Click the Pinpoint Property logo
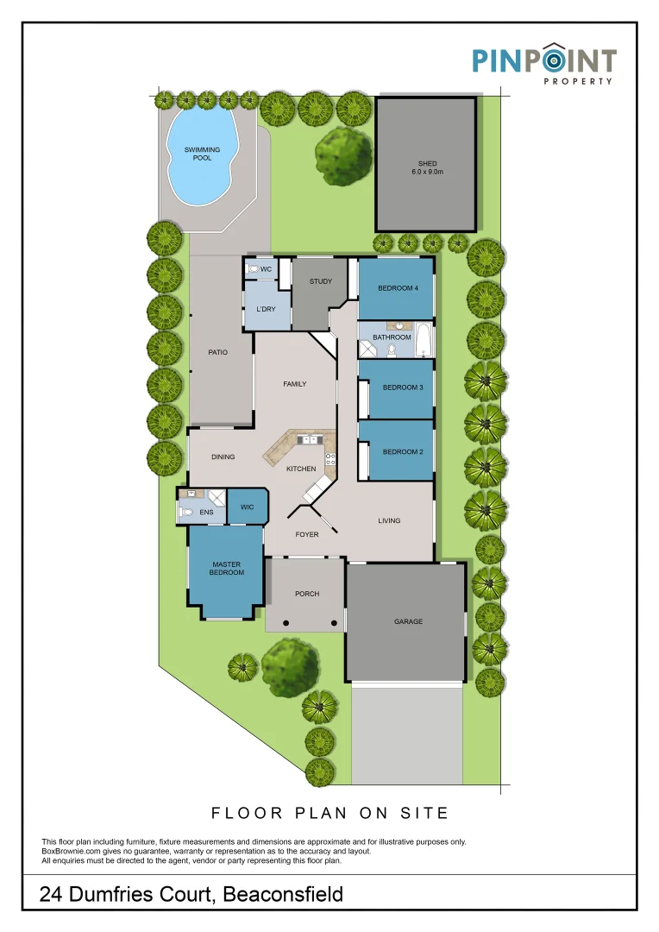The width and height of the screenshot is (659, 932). point(543,64)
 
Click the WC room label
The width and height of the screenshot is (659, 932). point(267,270)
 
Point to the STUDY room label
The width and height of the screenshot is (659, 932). point(321,281)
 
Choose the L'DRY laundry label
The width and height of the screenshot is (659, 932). point(267,308)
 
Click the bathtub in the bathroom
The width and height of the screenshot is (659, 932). point(424,341)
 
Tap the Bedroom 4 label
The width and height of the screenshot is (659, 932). point(398,288)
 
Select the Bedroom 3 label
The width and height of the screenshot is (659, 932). point(403,387)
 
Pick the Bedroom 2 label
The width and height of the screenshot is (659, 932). point(403,451)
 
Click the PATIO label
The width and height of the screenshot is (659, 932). point(217,352)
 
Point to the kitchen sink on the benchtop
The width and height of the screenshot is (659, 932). point(306,440)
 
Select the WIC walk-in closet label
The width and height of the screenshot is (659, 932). point(246,507)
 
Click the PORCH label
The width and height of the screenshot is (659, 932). point(307,594)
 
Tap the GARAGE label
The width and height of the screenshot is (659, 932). point(408,621)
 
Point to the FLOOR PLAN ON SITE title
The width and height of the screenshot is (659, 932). point(330,812)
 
